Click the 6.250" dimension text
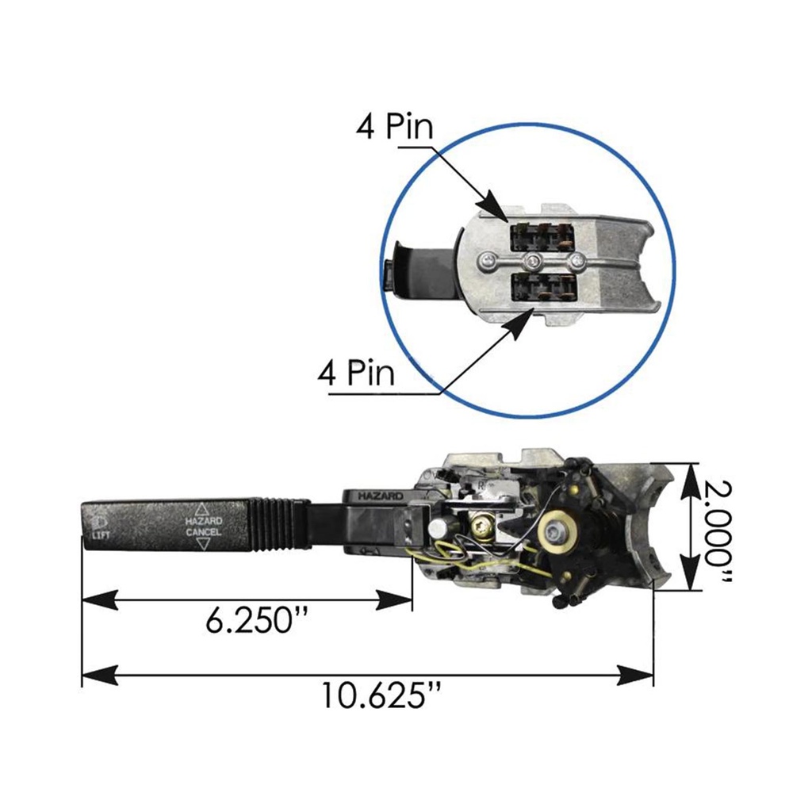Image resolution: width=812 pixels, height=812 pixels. [256, 620]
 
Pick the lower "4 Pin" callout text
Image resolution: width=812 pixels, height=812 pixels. [356, 372]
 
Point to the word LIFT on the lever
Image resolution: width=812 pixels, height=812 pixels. [101, 535]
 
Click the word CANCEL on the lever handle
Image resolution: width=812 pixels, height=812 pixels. [204, 532]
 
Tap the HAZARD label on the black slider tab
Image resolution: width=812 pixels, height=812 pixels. [381, 496]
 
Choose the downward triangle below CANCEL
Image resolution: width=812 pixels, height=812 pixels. [203, 544]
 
